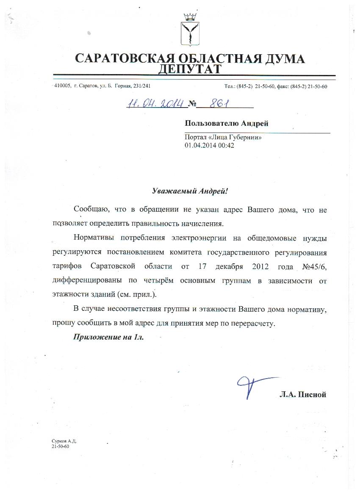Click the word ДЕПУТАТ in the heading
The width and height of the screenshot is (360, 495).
[189, 69]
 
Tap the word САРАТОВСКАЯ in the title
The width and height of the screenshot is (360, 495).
[116, 58]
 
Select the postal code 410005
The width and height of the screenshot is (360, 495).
[63, 86]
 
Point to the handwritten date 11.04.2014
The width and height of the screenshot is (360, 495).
[155, 103]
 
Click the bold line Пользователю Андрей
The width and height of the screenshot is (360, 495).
[227, 123]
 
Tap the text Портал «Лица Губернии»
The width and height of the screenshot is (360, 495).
[220, 138]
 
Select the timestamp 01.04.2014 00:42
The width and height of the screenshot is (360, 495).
[209, 145]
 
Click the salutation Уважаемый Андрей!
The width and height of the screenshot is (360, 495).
[190, 191]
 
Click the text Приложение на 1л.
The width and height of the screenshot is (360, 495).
[109, 337]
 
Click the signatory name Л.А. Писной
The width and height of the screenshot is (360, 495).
[302, 395]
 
